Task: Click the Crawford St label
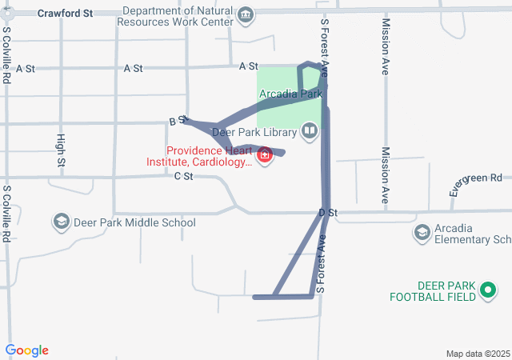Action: (66, 14)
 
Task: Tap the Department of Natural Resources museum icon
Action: (246, 14)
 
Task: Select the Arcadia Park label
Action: (290, 94)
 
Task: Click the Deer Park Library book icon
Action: (309, 131)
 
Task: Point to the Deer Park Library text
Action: (254, 131)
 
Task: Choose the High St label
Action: (62, 150)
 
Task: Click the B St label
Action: (178, 121)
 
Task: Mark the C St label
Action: (184, 176)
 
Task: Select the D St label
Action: (329, 213)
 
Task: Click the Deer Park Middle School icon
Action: (60, 222)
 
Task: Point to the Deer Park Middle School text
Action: (134, 222)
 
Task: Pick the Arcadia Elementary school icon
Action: (422, 233)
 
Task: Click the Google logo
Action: (26, 350)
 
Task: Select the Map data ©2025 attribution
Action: (478, 354)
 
